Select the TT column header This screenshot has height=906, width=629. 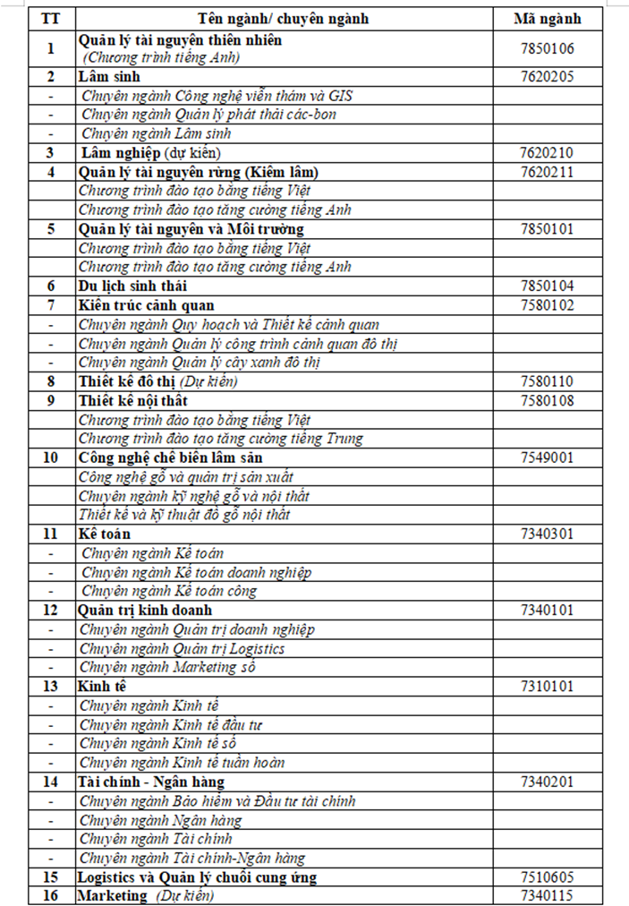click(x=50, y=19)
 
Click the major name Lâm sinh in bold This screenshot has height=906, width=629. click(x=103, y=77)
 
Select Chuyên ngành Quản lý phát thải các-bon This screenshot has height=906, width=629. click(x=208, y=115)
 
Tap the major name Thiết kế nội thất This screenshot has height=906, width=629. click(x=132, y=400)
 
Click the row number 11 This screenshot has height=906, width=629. click(x=50, y=534)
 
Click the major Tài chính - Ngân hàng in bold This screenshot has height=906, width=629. click(x=150, y=782)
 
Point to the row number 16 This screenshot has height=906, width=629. click(x=50, y=895)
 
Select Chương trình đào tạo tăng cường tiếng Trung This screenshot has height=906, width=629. click(x=219, y=439)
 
